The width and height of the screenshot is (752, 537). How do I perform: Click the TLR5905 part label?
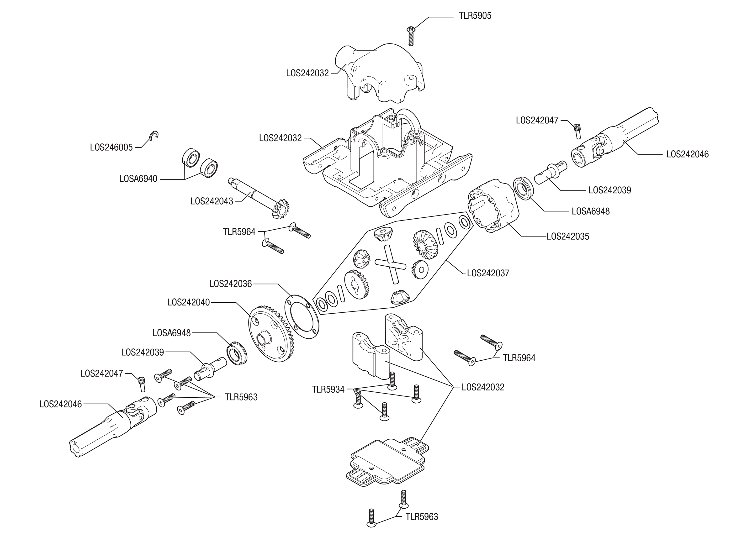pos(475,16)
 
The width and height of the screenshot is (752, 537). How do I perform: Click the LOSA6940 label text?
pos(138,179)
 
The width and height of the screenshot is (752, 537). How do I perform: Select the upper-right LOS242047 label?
pos(537,120)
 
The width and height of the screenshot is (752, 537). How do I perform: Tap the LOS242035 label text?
pos(568,237)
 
